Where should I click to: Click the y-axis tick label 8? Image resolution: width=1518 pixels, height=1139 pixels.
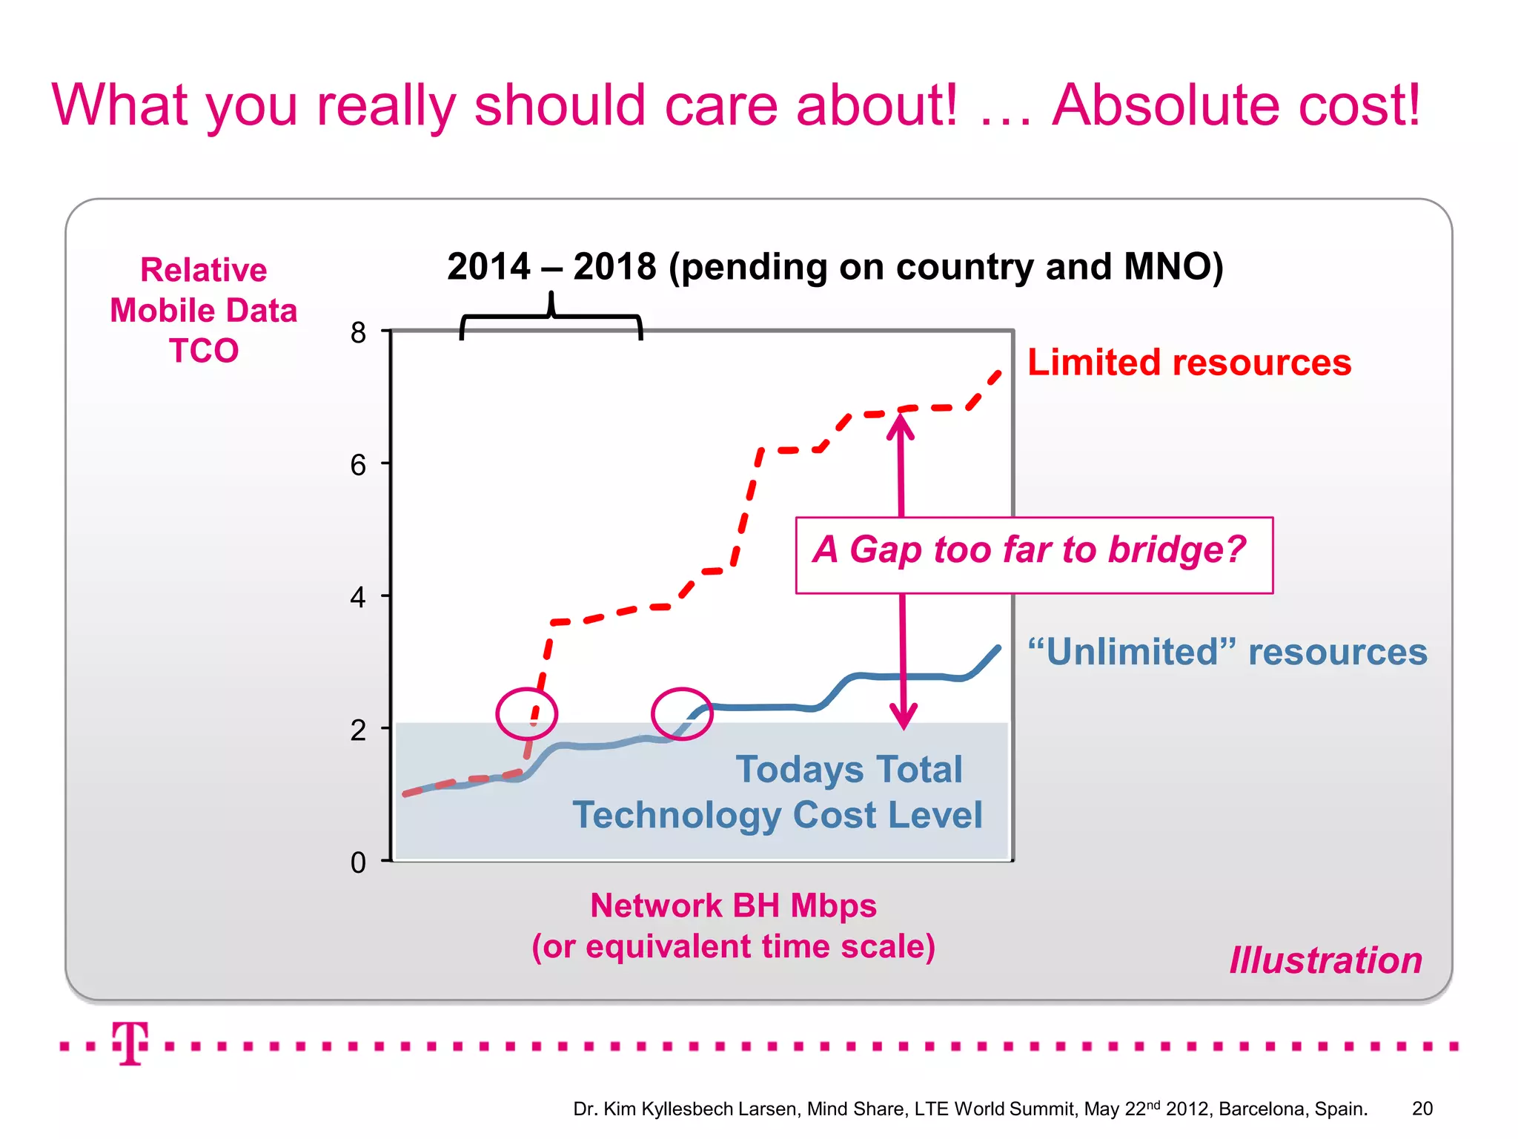[x=358, y=332]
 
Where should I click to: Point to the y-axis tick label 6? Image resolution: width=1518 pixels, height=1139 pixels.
[x=358, y=465]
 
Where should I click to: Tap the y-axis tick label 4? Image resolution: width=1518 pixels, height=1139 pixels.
[x=358, y=597]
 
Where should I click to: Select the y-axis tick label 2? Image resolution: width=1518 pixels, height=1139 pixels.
[x=358, y=730]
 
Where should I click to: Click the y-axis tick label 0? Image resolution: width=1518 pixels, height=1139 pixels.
[x=358, y=862]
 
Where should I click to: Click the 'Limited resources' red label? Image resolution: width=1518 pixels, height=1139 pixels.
[x=1189, y=363]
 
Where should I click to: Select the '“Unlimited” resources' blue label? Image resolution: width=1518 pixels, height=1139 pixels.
[x=1227, y=652]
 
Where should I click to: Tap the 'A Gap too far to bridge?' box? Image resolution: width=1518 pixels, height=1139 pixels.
[x=1033, y=555]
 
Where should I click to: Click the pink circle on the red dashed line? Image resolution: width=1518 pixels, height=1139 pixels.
[x=526, y=713]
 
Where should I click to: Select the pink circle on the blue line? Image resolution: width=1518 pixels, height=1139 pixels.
[x=682, y=713]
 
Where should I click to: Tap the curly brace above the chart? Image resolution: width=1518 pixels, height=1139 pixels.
[x=551, y=315]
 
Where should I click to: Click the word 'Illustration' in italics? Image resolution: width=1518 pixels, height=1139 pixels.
[x=1326, y=960]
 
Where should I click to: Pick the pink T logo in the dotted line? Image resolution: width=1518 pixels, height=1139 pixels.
[x=130, y=1043]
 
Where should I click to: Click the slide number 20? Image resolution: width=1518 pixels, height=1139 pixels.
[x=1422, y=1109]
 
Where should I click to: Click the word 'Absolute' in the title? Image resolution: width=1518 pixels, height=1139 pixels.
[x=1165, y=105]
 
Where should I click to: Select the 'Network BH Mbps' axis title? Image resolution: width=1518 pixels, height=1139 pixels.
[x=733, y=905]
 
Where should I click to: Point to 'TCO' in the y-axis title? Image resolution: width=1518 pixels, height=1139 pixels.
[x=204, y=351]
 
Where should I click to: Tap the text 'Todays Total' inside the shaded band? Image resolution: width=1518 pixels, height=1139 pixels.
[x=849, y=769]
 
